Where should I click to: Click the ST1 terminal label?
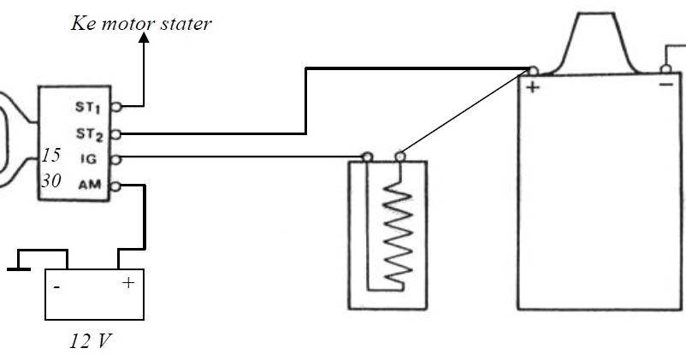point(88,107)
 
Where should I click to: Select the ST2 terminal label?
point(89,134)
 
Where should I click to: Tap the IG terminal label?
point(88,159)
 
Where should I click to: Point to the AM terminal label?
point(90,185)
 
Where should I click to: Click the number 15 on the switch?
point(50,155)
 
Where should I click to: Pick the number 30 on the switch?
point(51,180)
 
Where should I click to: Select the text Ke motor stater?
point(141,23)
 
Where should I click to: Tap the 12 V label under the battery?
point(91,340)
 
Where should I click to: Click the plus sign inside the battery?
point(128,283)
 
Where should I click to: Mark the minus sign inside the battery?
point(56,287)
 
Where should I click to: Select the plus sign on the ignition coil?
point(532,87)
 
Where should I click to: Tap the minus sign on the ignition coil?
point(665,85)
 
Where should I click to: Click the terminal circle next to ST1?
point(116,106)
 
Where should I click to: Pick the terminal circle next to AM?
point(115,186)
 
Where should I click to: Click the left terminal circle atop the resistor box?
point(368,156)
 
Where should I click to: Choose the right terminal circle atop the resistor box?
point(399,156)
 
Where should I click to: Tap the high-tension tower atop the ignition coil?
point(596,44)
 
